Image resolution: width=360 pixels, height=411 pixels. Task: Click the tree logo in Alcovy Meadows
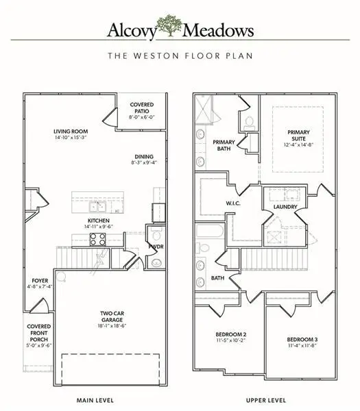(x=169, y=27)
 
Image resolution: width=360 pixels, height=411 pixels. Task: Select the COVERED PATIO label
(x=142, y=108)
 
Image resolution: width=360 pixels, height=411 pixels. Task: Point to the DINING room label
(x=143, y=156)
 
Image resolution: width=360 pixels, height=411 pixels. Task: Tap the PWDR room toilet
(x=156, y=262)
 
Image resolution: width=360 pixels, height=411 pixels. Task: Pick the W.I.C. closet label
(x=231, y=203)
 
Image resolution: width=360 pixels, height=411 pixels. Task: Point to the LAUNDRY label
(x=284, y=206)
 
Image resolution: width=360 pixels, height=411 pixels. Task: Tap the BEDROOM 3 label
(x=302, y=340)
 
